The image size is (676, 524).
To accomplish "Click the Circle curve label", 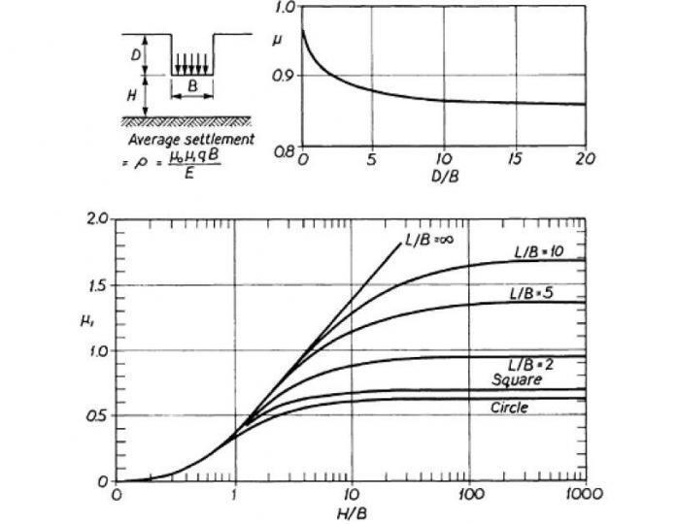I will click(x=509, y=408).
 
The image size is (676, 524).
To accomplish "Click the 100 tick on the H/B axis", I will click(x=469, y=494).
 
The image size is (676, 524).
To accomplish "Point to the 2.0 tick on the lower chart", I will click(x=95, y=219).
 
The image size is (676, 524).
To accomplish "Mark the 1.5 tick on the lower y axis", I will click(x=95, y=285).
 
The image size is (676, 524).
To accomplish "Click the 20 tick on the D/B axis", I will click(x=584, y=159).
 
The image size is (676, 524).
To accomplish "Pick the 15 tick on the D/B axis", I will click(x=515, y=159).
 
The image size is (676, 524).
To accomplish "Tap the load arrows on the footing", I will click(x=192, y=63).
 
